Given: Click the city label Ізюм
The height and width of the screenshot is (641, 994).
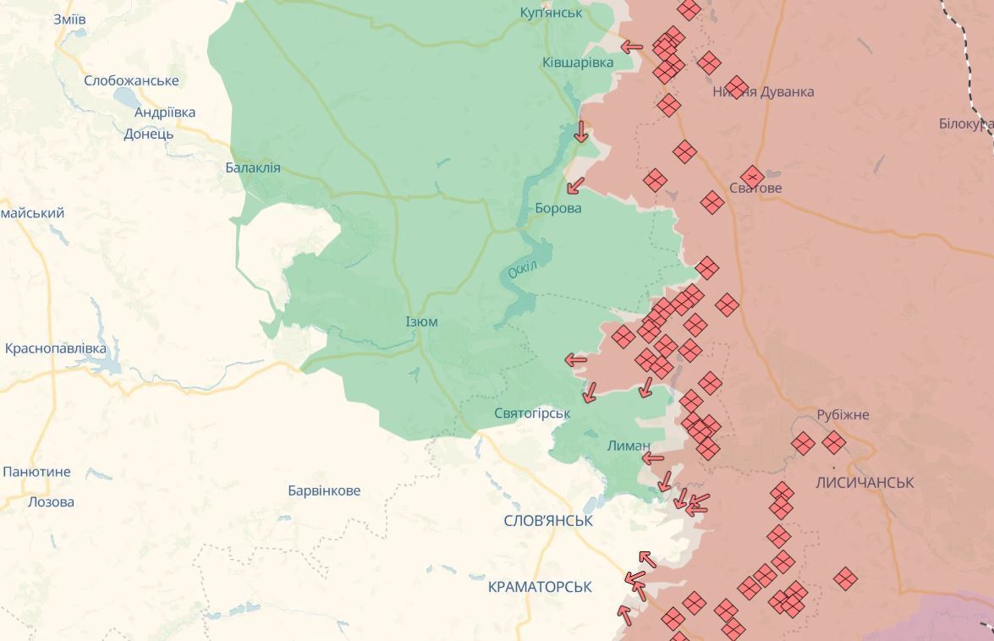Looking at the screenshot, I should (421, 322).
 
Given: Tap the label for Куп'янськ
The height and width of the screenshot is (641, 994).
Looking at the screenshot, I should (551, 13).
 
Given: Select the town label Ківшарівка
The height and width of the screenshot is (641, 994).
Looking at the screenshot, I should (578, 63).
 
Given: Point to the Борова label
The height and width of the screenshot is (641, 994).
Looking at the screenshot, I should (558, 208).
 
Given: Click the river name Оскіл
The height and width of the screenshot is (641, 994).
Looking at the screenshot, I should (523, 270).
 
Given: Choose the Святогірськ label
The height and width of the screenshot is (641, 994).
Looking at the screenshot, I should (532, 414).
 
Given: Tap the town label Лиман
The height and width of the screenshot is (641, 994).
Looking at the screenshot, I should (629, 446).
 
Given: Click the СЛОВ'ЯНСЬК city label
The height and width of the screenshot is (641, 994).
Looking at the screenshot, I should (547, 521).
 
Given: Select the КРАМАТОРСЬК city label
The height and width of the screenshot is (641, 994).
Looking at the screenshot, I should (540, 587).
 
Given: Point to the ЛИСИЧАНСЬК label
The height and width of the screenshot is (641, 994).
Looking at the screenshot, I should (865, 483).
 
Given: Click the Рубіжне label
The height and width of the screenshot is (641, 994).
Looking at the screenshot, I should (843, 415).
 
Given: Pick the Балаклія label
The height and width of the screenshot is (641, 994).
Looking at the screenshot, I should (252, 168).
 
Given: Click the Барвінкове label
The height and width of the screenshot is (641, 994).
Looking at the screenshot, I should (324, 490).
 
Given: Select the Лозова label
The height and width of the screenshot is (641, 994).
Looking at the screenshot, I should (51, 501).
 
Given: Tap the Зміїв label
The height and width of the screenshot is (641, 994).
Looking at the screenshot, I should (69, 19).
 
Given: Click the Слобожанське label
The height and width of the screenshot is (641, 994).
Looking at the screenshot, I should (131, 81).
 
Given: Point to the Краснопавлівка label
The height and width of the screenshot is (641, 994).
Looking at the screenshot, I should (56, 348).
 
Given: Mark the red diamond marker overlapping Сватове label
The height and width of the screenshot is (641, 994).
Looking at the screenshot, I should (751, 177).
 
